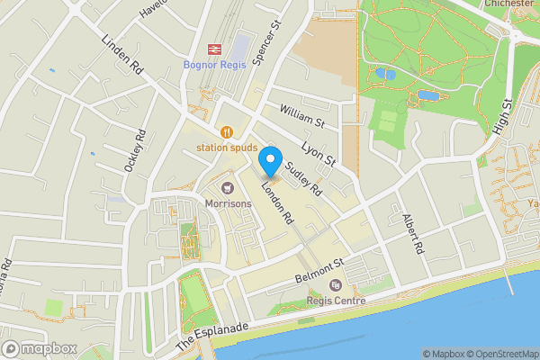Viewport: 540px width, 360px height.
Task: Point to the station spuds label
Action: point(227,148)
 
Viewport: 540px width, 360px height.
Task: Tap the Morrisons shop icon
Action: point(227,187)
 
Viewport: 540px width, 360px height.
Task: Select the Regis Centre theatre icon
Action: point(336,285)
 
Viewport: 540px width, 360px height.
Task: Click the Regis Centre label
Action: point(336,301)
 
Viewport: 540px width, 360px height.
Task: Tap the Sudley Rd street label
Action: point(303,178)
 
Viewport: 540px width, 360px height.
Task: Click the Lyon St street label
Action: point(318,149)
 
